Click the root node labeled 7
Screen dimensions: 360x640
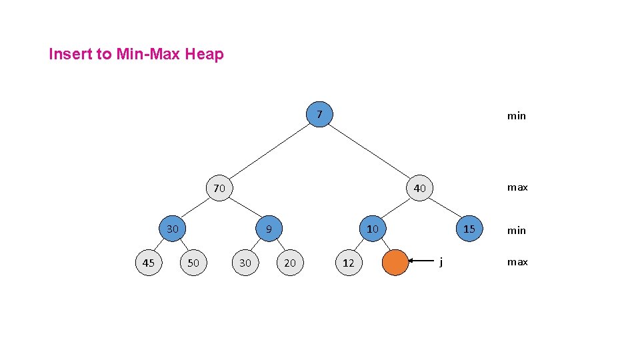(x=319, y=115)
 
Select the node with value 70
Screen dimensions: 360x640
(x=219, y=188)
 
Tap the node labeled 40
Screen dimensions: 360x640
(x=419, y=188)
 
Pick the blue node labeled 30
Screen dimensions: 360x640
(x=173, y=229)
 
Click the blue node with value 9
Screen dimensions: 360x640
(x=268, y=229)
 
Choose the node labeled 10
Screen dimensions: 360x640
(x=372, y=229)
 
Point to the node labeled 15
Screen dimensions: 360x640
(x=469, y=229)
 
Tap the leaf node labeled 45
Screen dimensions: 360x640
(x=148, y=263)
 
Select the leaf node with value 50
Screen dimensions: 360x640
(x=193, y=263)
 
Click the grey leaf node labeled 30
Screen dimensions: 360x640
(x=245, y=263)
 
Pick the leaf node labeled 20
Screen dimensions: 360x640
(x=289, y=263)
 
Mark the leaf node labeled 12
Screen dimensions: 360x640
(x=348, y=263)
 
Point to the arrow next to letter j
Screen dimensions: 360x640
(x=423, y=261)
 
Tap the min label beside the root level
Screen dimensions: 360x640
(x=517, y=116)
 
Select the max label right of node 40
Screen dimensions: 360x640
(x=517, y=187)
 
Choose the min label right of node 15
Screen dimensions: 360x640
(x=517, y=231)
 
